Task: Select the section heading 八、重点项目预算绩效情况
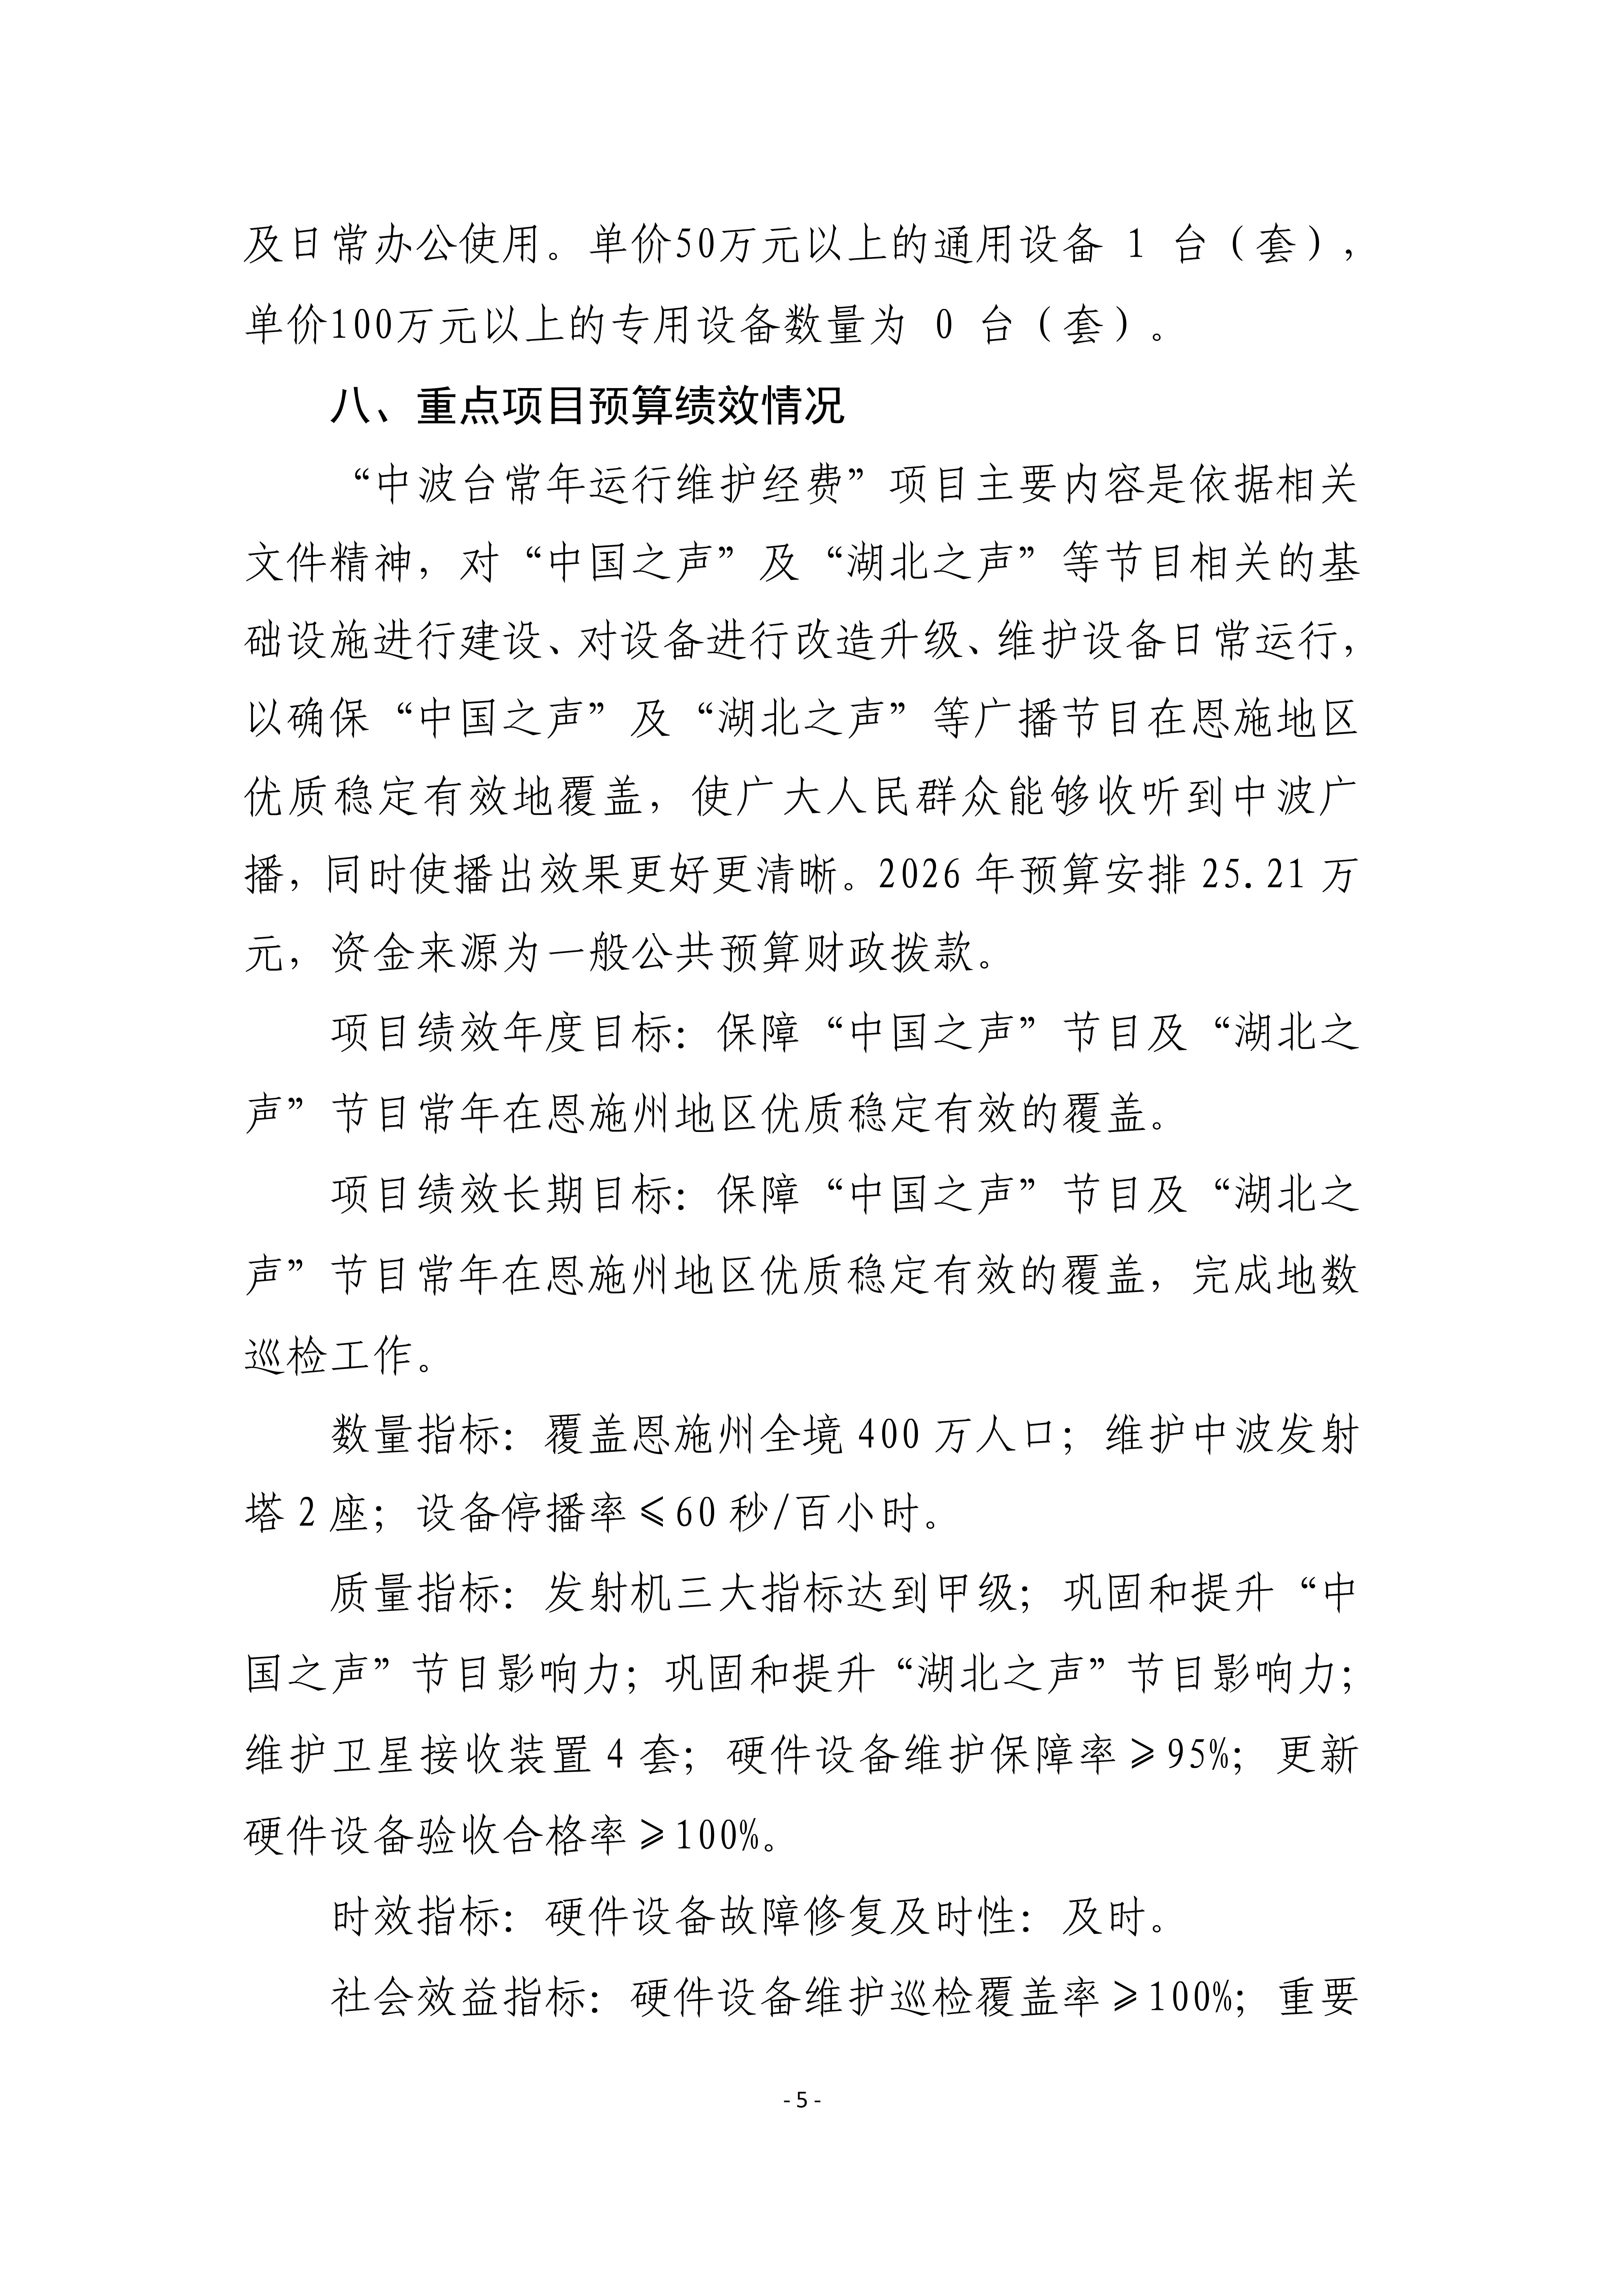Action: (587, 406)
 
